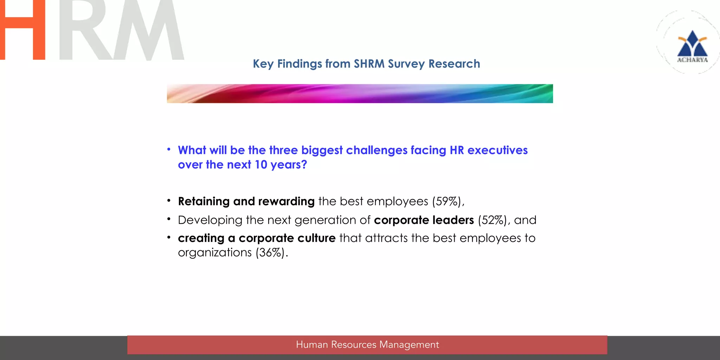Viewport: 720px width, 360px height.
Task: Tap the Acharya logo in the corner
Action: click(x=692, y=46)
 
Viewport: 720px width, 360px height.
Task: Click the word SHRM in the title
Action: click(x=369, y=64)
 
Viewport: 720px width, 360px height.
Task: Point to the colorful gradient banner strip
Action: click(x=360, y=94)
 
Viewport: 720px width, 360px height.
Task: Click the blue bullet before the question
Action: click(x=169, y=150)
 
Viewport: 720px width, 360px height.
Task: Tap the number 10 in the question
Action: click(x=261, y=165)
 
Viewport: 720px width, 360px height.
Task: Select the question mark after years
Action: click(x=304, y=165)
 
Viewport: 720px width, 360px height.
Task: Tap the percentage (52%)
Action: click(x=492, y=220)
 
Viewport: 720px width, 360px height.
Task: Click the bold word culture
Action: click(x=316, y=238)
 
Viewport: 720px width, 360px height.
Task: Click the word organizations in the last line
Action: click(x=214, y=253)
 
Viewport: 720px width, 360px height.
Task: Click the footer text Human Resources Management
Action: click(x=367, y=345)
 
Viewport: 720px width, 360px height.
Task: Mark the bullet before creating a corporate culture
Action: click(x=169, y=238)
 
